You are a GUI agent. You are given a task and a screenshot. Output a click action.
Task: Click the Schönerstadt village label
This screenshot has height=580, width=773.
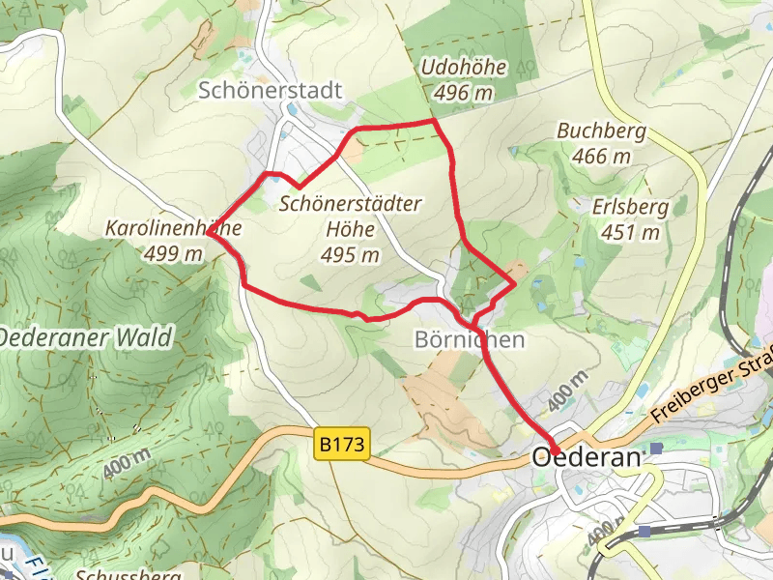(271, 91)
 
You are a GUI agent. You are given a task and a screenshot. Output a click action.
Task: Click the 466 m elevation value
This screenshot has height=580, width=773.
(601, 156)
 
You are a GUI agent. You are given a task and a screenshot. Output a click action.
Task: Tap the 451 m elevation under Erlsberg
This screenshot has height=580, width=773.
(630, 232)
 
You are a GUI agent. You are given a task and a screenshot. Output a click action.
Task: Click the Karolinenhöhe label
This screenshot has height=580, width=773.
(172, 229)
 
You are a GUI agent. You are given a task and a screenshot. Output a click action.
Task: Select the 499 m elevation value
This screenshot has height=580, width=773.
(173, 254)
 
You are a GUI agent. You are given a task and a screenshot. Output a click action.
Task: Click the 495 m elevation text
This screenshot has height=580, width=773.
(350, 255)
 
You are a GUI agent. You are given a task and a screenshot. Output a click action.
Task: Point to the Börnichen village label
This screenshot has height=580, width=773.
(470, 339)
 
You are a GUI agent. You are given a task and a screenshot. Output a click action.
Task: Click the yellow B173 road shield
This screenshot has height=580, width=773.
(343, 446)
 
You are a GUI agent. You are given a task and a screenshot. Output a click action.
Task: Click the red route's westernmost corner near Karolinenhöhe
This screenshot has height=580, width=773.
(208, 233)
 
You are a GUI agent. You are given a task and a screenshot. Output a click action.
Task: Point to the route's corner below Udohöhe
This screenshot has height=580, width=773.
(434, 122)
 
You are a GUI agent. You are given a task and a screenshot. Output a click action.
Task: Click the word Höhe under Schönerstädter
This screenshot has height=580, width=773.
(350, 230)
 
